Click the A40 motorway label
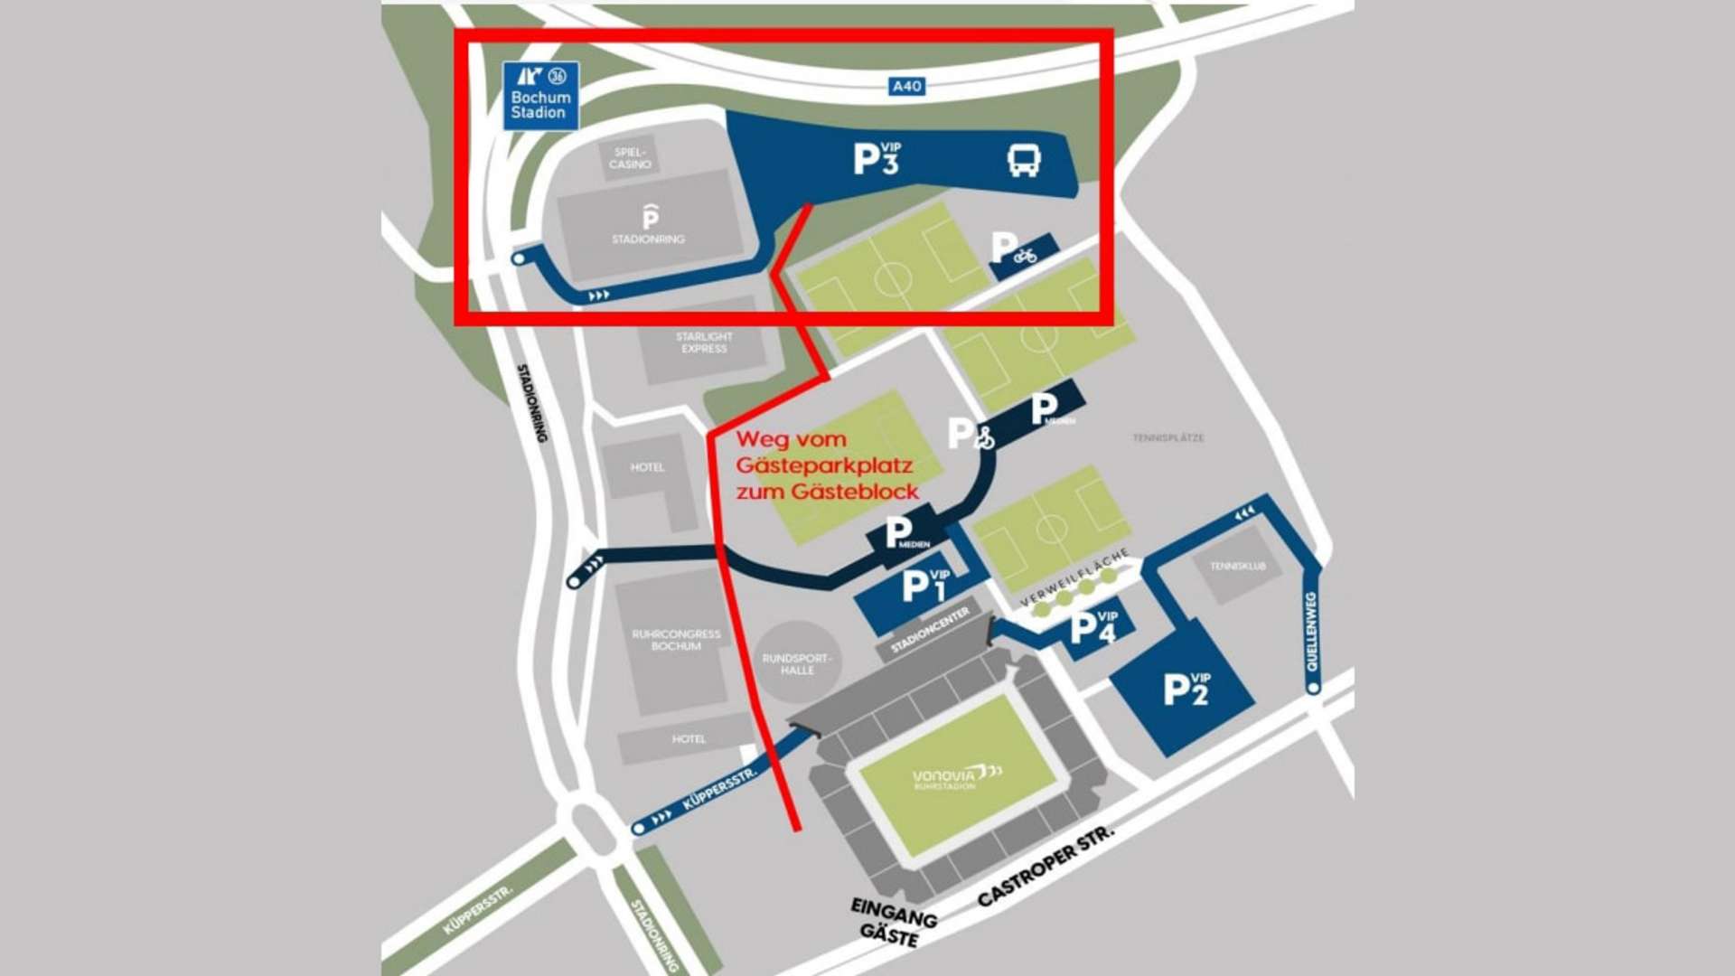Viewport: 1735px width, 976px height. tap(906, 86)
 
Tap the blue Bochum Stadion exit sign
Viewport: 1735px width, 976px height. tap(540, 96)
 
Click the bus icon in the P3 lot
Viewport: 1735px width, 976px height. tap(1024, 161)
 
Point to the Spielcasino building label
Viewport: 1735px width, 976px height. tap(630, 158)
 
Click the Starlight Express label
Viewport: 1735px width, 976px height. tap(704, 343)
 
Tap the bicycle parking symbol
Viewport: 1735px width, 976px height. tap(1024, 255)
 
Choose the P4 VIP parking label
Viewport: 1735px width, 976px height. tap(1093, 626)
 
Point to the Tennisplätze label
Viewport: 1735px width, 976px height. tap(1168, 437)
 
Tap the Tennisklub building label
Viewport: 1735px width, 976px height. tap(1237, 567)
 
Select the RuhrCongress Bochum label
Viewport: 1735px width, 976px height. tap(676, 640)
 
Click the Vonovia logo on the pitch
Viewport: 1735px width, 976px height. tap(957, 776)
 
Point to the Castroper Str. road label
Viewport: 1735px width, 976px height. tap(1046, 866)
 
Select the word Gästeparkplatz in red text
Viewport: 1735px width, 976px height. tap(824, 466)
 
